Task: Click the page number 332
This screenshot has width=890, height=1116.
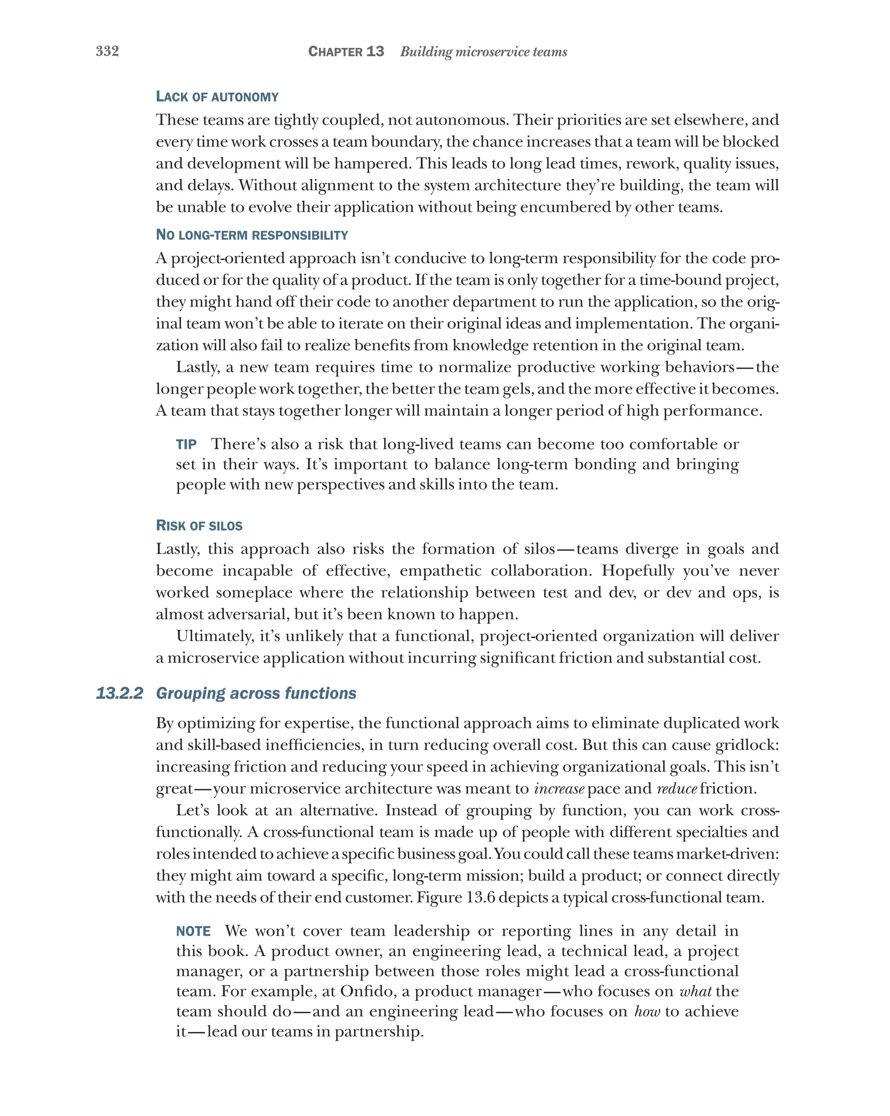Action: pos(107,51)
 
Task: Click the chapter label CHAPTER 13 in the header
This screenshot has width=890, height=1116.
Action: pos(346,51)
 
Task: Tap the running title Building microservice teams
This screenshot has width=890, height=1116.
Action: pos(483,52)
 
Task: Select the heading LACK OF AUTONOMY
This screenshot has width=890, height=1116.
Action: pos(217,97)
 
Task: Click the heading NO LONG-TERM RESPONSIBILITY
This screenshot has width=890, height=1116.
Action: pos(252,235)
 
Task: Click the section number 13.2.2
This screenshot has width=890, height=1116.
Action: pos(119,693)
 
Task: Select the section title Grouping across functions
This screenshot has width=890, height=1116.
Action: pos(256,693)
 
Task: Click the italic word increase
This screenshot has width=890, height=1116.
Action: pos(559,789)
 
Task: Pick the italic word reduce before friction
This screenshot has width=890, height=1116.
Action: pos(677,789)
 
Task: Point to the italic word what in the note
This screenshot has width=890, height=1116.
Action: pos(695,991)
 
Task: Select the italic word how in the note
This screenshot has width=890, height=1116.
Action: pos(647,1011)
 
